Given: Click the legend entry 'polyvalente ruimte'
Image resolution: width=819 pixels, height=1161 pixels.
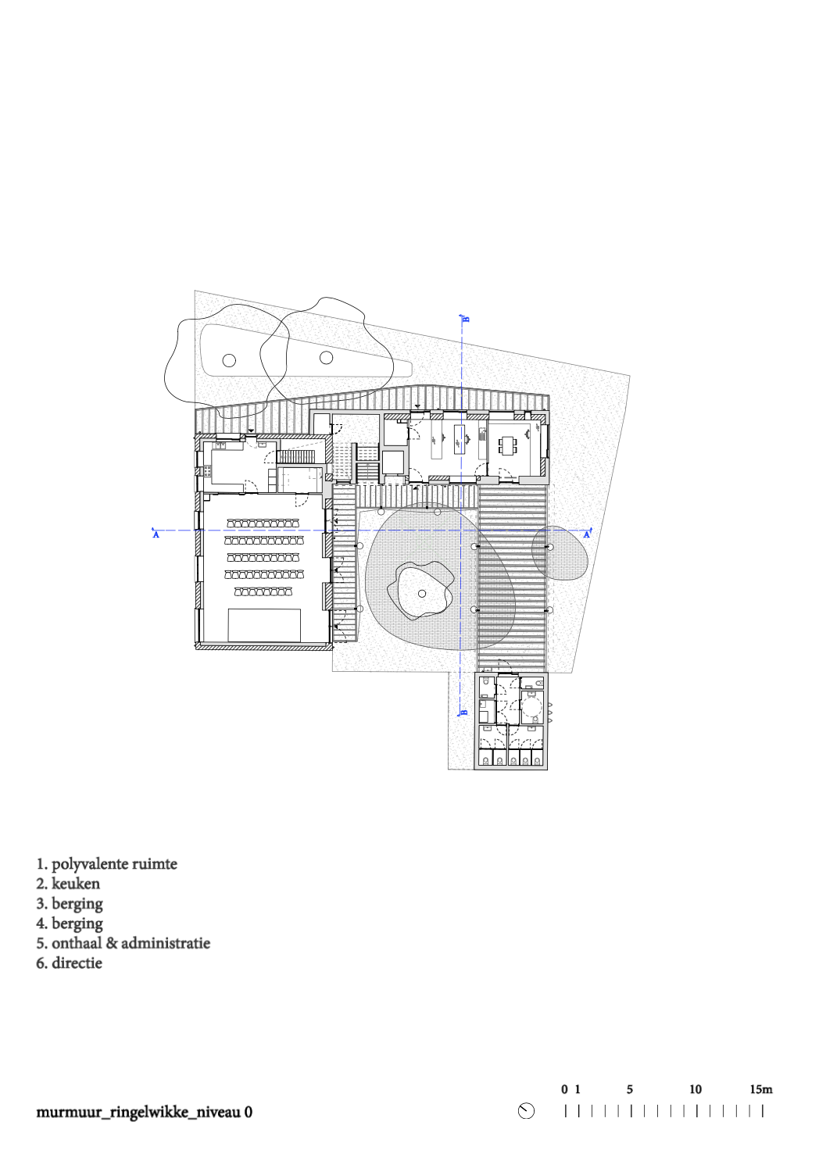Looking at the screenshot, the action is (114, 864).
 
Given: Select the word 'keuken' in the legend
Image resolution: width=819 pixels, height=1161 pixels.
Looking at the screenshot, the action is (76, 883).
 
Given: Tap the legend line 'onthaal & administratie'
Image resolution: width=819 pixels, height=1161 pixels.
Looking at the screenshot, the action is (131, 943).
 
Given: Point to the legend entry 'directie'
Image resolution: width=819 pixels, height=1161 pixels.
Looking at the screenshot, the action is (77, 963).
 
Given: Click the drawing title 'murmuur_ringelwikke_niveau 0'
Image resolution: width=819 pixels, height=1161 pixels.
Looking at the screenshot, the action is (144, 1112).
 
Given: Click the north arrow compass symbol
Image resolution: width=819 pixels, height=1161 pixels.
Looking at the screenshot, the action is (526, 1111).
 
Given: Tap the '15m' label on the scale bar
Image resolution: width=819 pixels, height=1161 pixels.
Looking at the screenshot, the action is (761, 1089).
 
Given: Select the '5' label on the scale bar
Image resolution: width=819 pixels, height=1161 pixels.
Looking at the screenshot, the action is (630, 1089).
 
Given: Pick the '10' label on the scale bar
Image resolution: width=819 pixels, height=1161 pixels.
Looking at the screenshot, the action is (695, 1089).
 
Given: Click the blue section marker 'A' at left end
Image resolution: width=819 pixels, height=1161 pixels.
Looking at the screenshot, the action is (155, 534).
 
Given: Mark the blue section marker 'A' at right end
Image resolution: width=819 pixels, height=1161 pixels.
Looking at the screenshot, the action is (587, 534).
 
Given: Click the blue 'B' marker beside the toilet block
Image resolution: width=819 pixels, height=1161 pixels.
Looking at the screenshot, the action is (464, 712).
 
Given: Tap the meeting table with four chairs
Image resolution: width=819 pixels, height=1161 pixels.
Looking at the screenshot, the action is (508, 446).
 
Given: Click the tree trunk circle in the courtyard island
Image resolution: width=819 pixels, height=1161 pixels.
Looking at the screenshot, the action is (422, 594).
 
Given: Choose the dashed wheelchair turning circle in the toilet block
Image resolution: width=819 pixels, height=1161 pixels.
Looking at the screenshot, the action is (531, 707).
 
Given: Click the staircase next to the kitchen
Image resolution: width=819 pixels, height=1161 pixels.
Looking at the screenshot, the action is (296, 456).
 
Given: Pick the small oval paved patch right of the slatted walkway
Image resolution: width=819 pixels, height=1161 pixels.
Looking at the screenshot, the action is (560, 552).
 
